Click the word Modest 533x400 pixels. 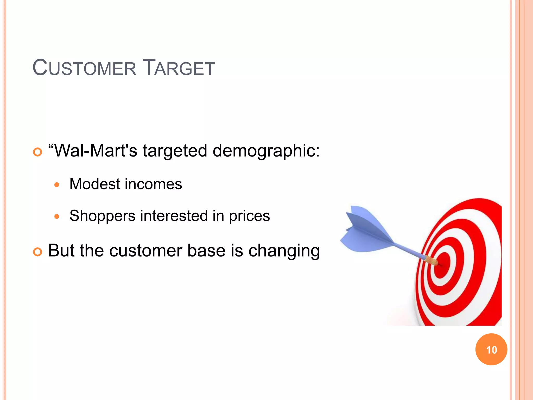point(95,184)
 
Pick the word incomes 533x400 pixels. point(153,184)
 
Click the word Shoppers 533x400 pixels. point(102,216)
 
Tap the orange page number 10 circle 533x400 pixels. point(491,349)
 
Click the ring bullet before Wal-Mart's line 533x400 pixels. point(37,152)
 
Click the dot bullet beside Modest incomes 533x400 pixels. point(57,185)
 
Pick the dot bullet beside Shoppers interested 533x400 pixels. point(57,216)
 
